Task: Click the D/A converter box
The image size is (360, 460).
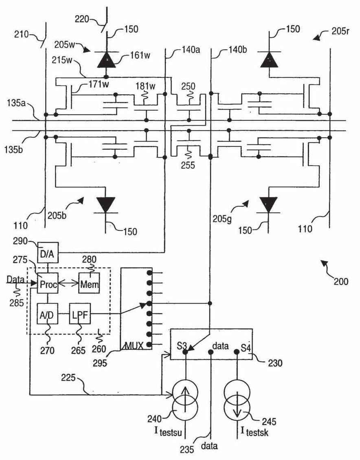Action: coord(48,252)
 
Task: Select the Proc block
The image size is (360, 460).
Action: coord(48,283)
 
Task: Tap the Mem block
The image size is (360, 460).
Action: coord(89,283)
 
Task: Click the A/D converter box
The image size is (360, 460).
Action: coord(47,314)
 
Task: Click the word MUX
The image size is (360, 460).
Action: coord(134,346)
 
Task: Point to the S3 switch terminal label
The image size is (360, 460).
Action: coord(182,346)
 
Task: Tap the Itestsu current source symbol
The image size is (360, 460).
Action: coord(185,400)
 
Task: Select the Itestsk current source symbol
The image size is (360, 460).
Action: coord(237,400)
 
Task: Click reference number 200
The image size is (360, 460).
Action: coord(341,281)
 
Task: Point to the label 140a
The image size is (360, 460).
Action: coord(191,50)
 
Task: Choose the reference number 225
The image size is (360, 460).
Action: coord(68,378)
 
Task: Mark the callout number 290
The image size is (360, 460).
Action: coord(20,241)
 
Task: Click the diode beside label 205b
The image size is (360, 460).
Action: coord(106,205)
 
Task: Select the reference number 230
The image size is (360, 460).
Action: coord(275,363)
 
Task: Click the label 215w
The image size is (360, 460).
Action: coord(62,60)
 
